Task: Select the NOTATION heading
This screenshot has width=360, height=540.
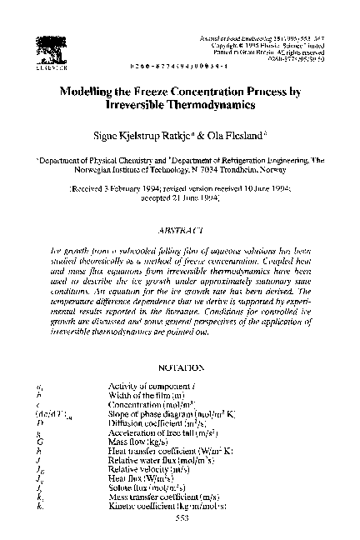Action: [x=179, y=367]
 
